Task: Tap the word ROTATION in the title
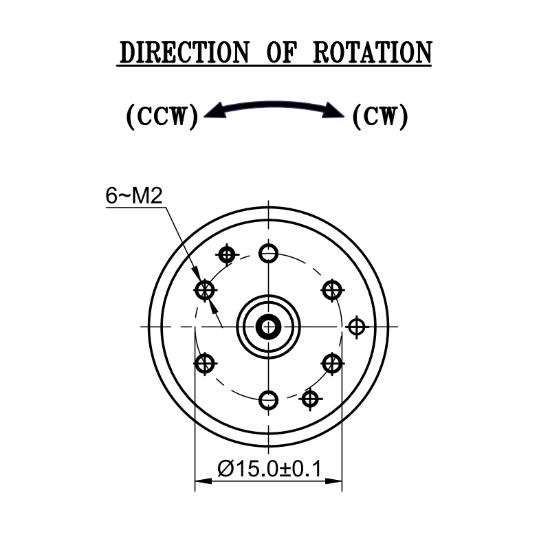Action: click(x=372, y=53)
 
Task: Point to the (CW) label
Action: click(x=379, y=116)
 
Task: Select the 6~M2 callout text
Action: click(x=133, y=197)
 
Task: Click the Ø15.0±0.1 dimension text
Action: click(x=269, y=470)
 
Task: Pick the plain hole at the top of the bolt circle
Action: click(x=269, y=253)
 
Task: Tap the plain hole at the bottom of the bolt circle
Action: click(x=269, y=399)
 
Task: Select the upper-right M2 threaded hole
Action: click(x=332, y=289)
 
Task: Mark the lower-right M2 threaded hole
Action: click(x=332, y=362)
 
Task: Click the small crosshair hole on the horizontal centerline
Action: click(x=355, y=326)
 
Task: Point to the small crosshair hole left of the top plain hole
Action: click(x=226, y=255)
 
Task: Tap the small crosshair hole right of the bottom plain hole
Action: click(x=311, y=397)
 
